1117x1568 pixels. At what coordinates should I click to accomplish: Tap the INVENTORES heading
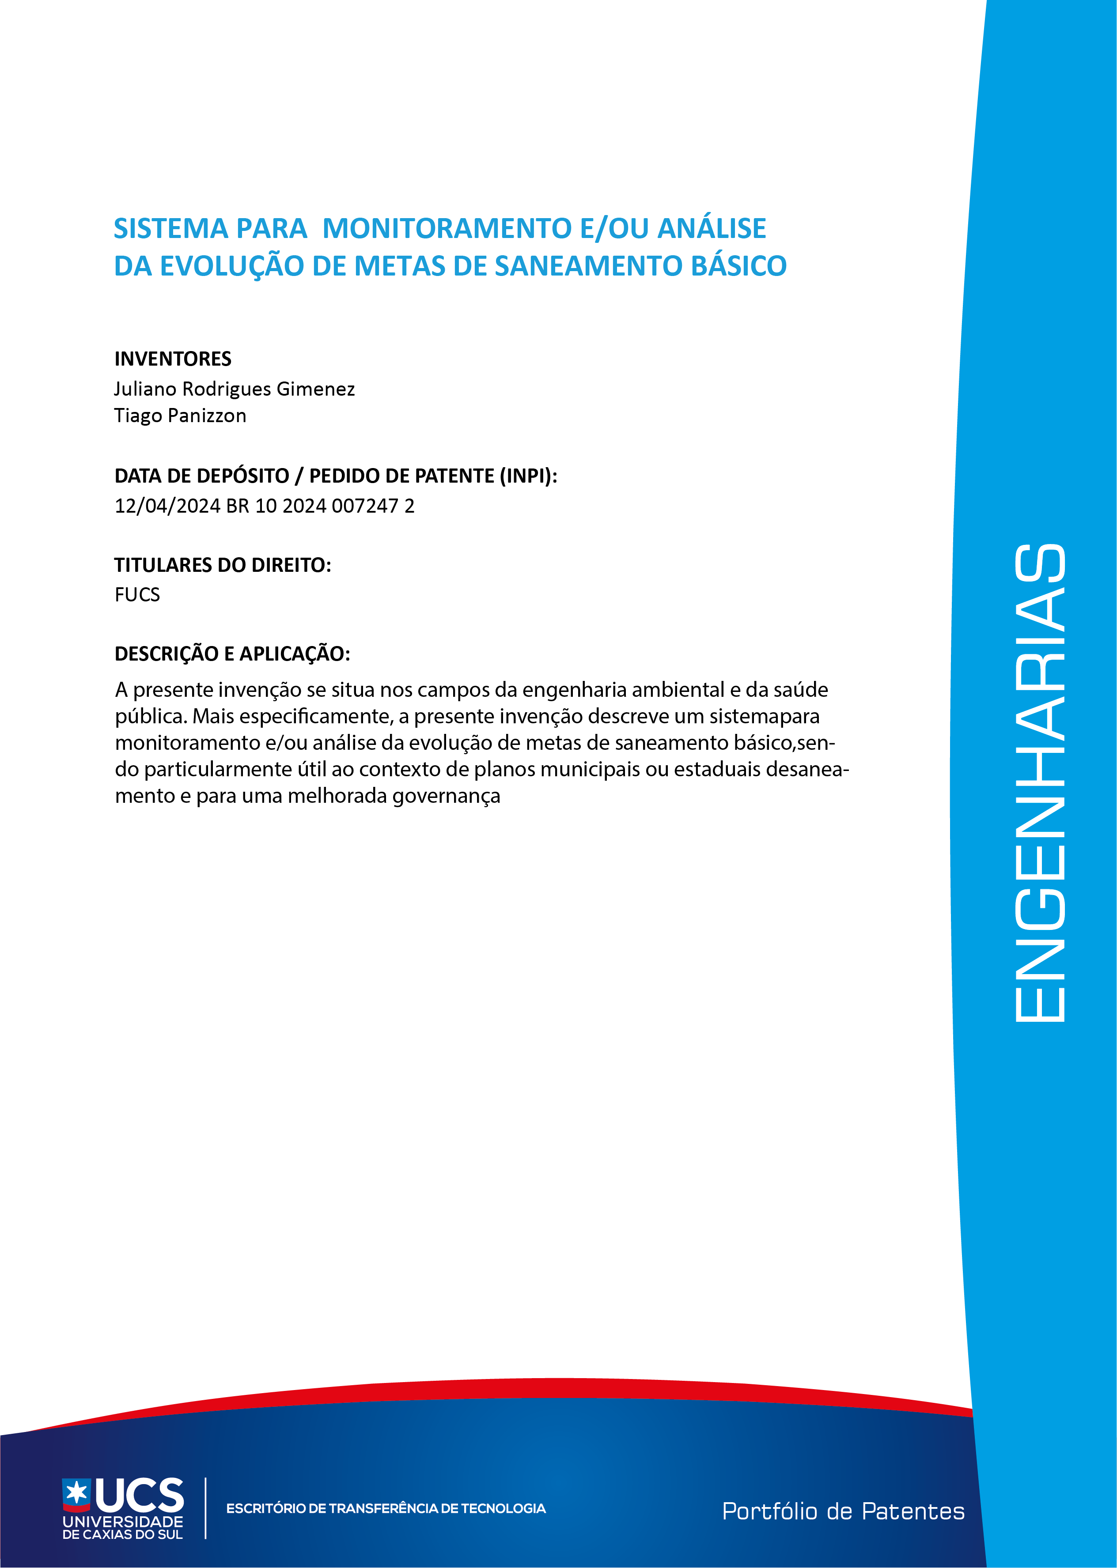pos(173,359)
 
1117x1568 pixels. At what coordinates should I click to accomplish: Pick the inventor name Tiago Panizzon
pos(180,416)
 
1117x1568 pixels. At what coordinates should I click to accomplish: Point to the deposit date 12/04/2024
pos(167,506)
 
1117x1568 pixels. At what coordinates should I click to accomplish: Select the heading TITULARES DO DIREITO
pos(222,565)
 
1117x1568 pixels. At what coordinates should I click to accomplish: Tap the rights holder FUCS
pos(137,595)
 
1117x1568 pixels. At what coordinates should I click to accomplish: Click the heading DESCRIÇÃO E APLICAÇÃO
pos(232,654)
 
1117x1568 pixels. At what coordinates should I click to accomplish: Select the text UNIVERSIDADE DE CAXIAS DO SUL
pos(122,1527)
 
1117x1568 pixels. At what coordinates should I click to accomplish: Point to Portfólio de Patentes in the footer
pos(843,1511)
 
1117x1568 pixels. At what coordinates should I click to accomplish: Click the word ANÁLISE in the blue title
pos(712,228)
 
